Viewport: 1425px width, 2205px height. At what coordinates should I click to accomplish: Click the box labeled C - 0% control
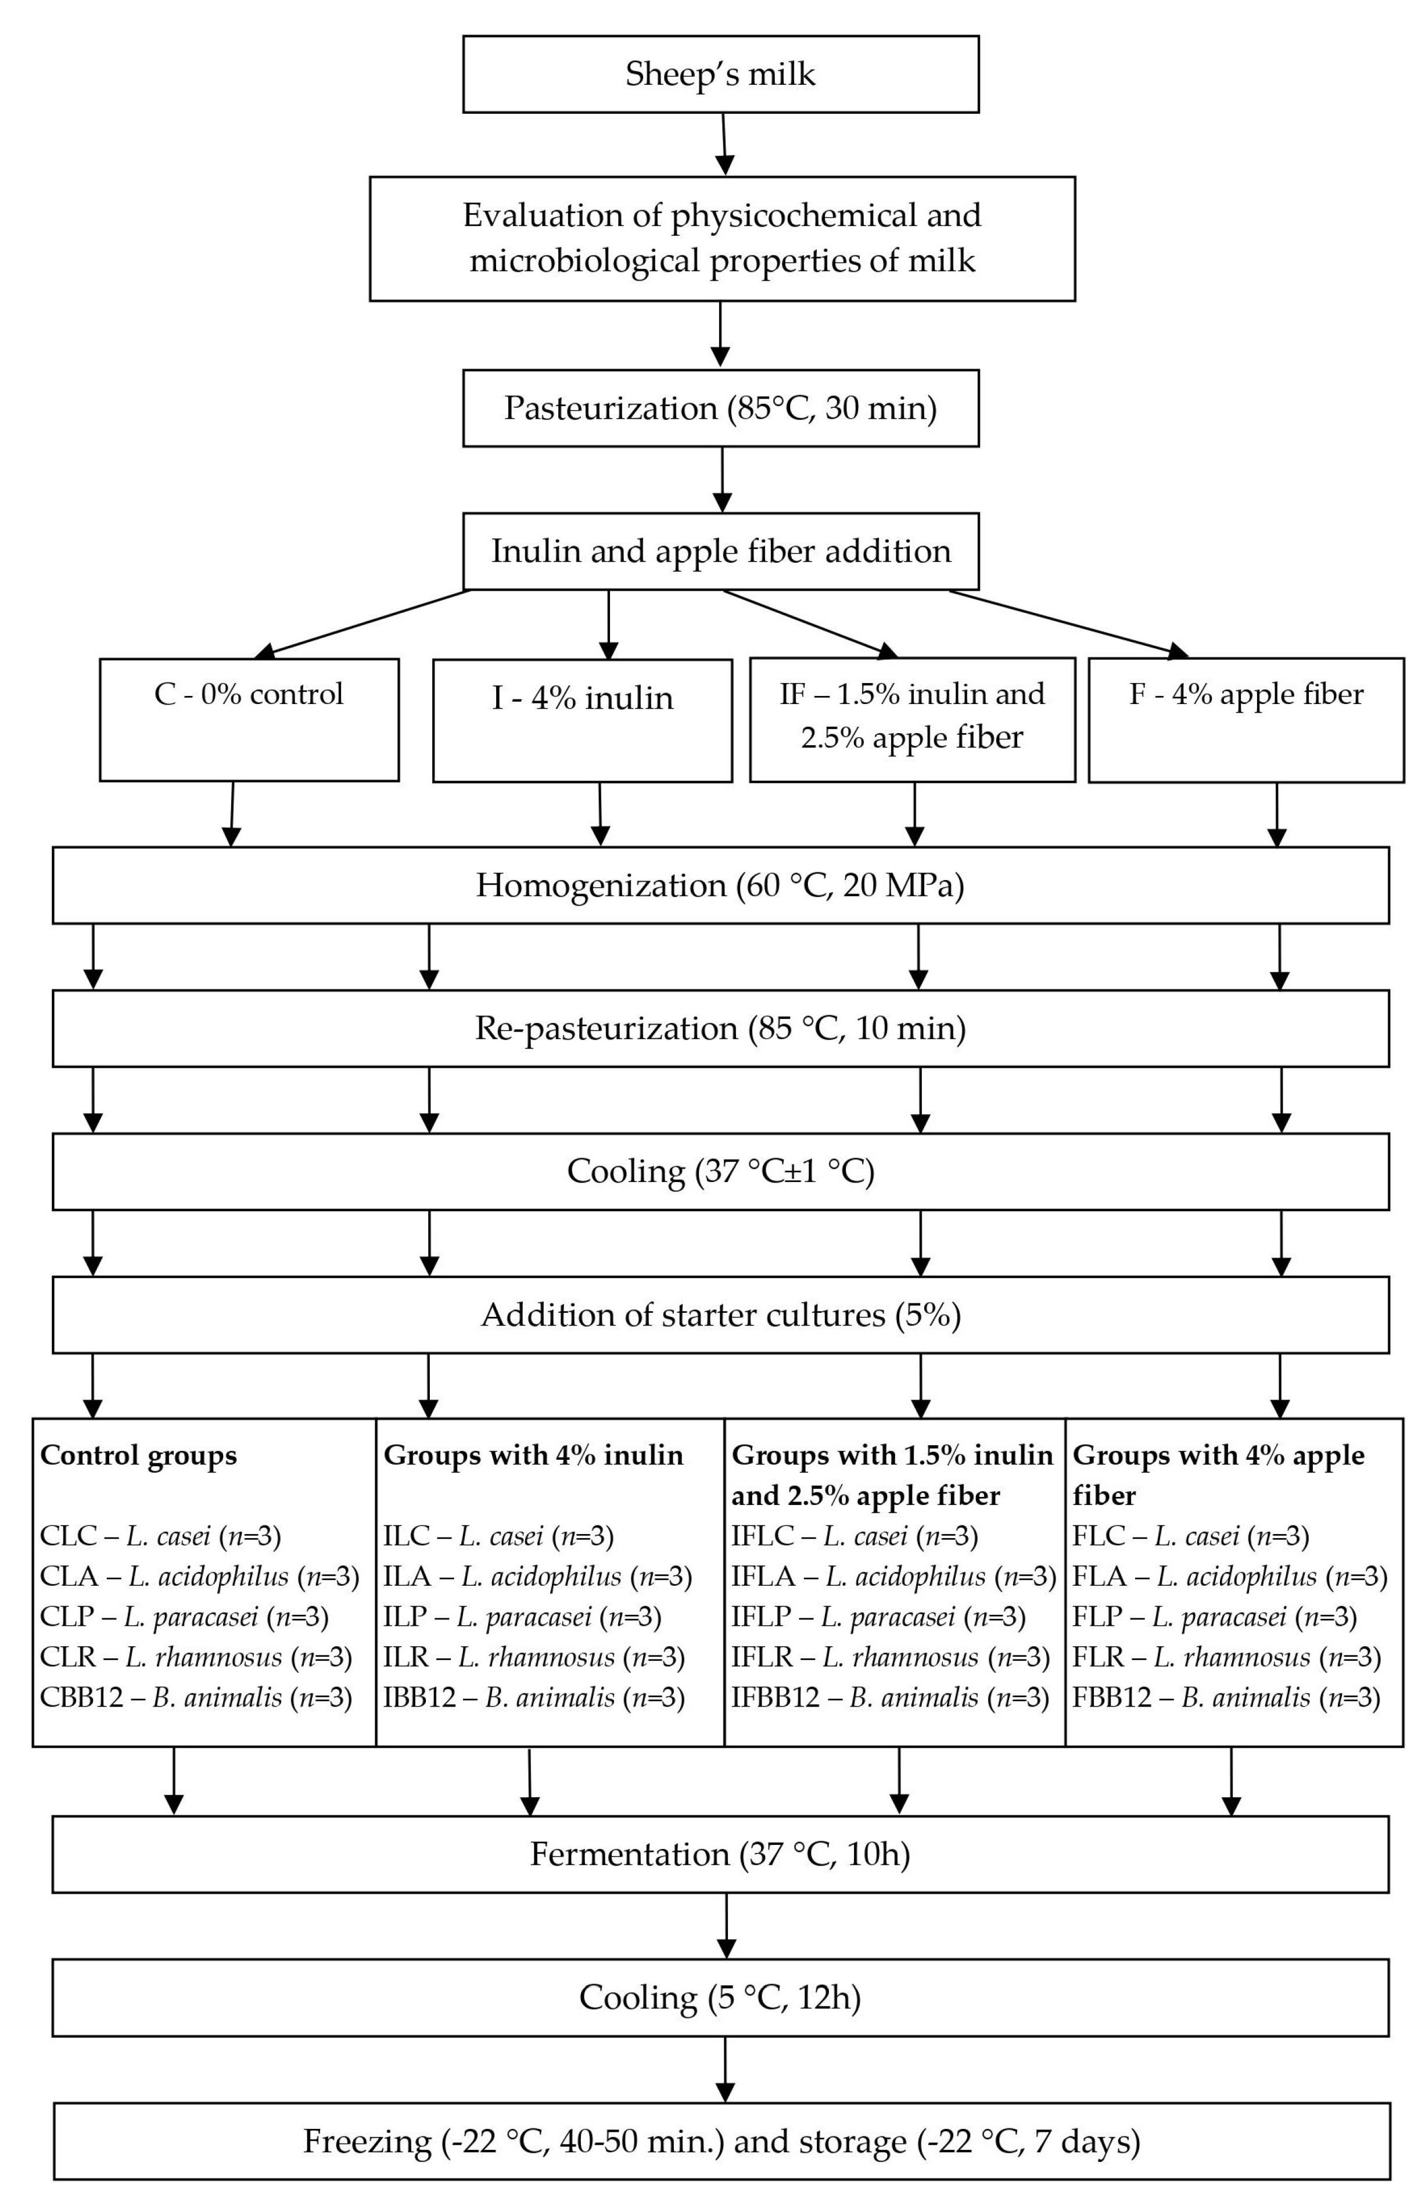coord(249,719)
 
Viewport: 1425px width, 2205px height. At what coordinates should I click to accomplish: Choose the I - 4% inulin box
coord(582,720)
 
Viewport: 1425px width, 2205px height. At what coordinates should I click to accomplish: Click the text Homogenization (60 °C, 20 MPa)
coord(720,885)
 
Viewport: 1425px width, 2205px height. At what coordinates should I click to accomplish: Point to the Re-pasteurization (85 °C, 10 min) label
coord(720,1028)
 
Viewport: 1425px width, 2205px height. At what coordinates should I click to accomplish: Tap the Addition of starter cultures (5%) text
coord(720,1315)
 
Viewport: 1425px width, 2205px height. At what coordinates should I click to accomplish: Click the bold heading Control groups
coord(139,1456)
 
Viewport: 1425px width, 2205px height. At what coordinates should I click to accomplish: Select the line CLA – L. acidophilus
coord(199,1576)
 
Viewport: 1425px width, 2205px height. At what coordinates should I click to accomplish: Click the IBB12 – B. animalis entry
coord(534,1697)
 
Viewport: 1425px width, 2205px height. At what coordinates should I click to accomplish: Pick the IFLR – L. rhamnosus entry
coord(890,1657)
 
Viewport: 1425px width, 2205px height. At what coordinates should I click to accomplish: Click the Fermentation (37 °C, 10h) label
coord(720,1854)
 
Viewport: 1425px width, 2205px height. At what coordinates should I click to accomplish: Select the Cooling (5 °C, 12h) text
coord(720,1998)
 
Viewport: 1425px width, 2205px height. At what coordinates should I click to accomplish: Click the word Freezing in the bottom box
coord(367,2141)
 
